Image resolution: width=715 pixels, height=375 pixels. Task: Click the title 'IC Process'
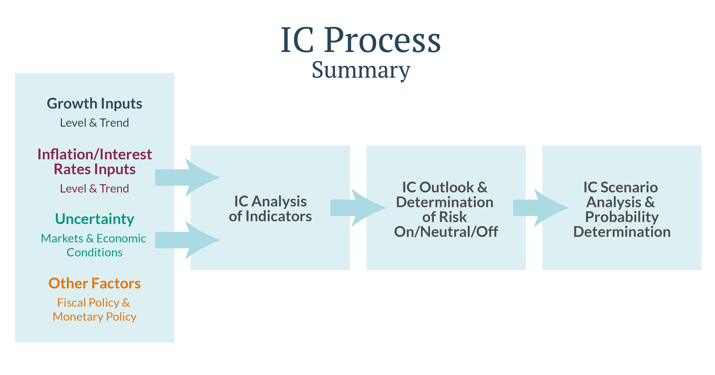[x=360, y=40]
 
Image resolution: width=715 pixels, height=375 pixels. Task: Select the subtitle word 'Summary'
[x=361, y=70]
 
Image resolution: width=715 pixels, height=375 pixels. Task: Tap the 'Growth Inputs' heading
[x=94, y=104]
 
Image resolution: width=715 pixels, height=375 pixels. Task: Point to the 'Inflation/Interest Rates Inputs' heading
[x=94, y=162]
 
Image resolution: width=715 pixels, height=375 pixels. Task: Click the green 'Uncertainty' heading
[x=94, y=219]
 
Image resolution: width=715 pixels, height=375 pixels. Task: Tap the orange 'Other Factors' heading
[x=94, y=283]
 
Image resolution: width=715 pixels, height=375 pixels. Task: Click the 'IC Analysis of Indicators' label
[x=270, y=209]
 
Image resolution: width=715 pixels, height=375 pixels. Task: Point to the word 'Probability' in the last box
[x=622, y=217]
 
